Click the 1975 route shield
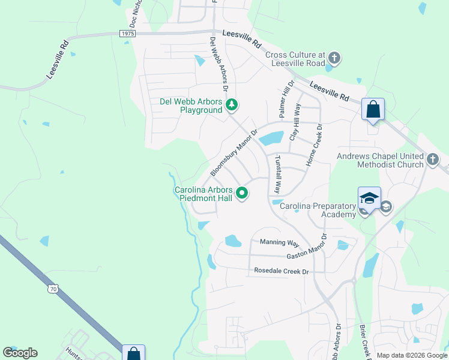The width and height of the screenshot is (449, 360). point(127,34)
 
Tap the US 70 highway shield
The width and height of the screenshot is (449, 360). point(53,289)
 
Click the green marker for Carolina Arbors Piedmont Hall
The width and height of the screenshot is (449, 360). point(242,193)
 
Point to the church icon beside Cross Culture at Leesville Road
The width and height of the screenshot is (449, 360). point(334,58)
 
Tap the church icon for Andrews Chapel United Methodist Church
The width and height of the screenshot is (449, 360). point(433,160)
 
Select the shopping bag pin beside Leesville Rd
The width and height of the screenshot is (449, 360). point(373,110)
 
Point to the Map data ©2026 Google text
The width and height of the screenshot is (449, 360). point(412,355)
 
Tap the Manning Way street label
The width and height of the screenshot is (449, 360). point(279,242)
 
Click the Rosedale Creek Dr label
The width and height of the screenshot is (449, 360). point(280,271)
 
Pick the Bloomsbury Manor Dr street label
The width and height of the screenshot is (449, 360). point(234,152)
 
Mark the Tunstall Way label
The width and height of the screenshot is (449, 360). point(278,175)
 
